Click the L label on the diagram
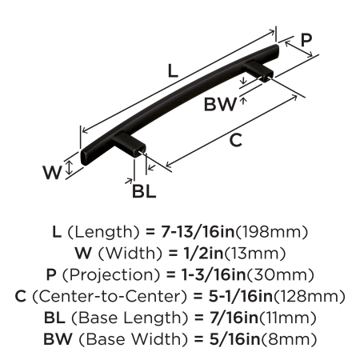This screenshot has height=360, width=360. point(173,71)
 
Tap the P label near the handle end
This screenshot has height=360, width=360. point(306,40)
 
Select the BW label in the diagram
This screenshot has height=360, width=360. point(220,104)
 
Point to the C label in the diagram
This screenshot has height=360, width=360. point(236,140)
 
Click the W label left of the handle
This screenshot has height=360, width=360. point(52,172)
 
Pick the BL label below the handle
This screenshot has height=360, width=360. point(144,191)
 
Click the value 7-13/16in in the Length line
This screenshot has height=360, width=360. point(198,231)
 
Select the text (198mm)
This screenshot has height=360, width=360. point(271,232)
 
